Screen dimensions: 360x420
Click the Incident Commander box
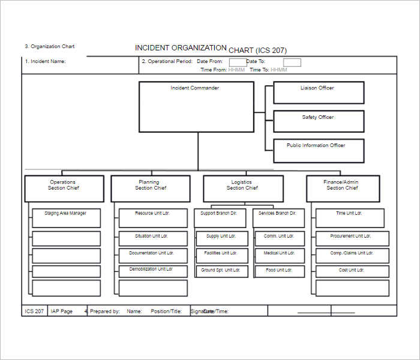pyautogui.click(x=196, y=107)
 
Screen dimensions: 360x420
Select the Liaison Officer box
pyautogui.click(x=319, y=92)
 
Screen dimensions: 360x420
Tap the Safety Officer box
pyautogui.click(x=319, y=121)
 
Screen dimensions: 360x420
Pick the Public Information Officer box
pyautogui.click(x=319, y=151)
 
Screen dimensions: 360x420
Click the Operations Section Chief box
pyautogui.click(x=64, y=188)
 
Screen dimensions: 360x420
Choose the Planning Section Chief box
pyautogui.click(x=150, y=188)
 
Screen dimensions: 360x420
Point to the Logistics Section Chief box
pyautogui.click(x=243, y=188)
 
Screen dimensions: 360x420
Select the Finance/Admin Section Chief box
pyautogui.click(x=343, y=188)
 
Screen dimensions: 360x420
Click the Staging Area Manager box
pyautogui.click(x=66, y=218)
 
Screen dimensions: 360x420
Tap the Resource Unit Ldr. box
pyautogui.click(x=153, y=218)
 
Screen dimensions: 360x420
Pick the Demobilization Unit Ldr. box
pyautogui.click(x=153, y=271)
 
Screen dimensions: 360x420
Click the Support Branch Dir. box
pyautogui.click(x=220, y=218)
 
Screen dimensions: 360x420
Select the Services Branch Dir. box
pyautogui.click(x=278, y=218)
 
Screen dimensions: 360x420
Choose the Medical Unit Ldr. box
pyautogui.click(x=280, y=256)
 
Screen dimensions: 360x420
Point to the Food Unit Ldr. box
pyautogui.click(x=280, y=271)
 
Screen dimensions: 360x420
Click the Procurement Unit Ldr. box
pyautogui.click(x=352, y=238)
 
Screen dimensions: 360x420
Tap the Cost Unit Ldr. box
pyautogui.click(x=352, y=271)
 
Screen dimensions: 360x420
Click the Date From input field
pyautogui.click(x=238, y=62)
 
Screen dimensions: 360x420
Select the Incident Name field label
pyautogui.click(x=46, y=61)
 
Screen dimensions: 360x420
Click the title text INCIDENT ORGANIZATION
pyautogui.click(x=181, y=48)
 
